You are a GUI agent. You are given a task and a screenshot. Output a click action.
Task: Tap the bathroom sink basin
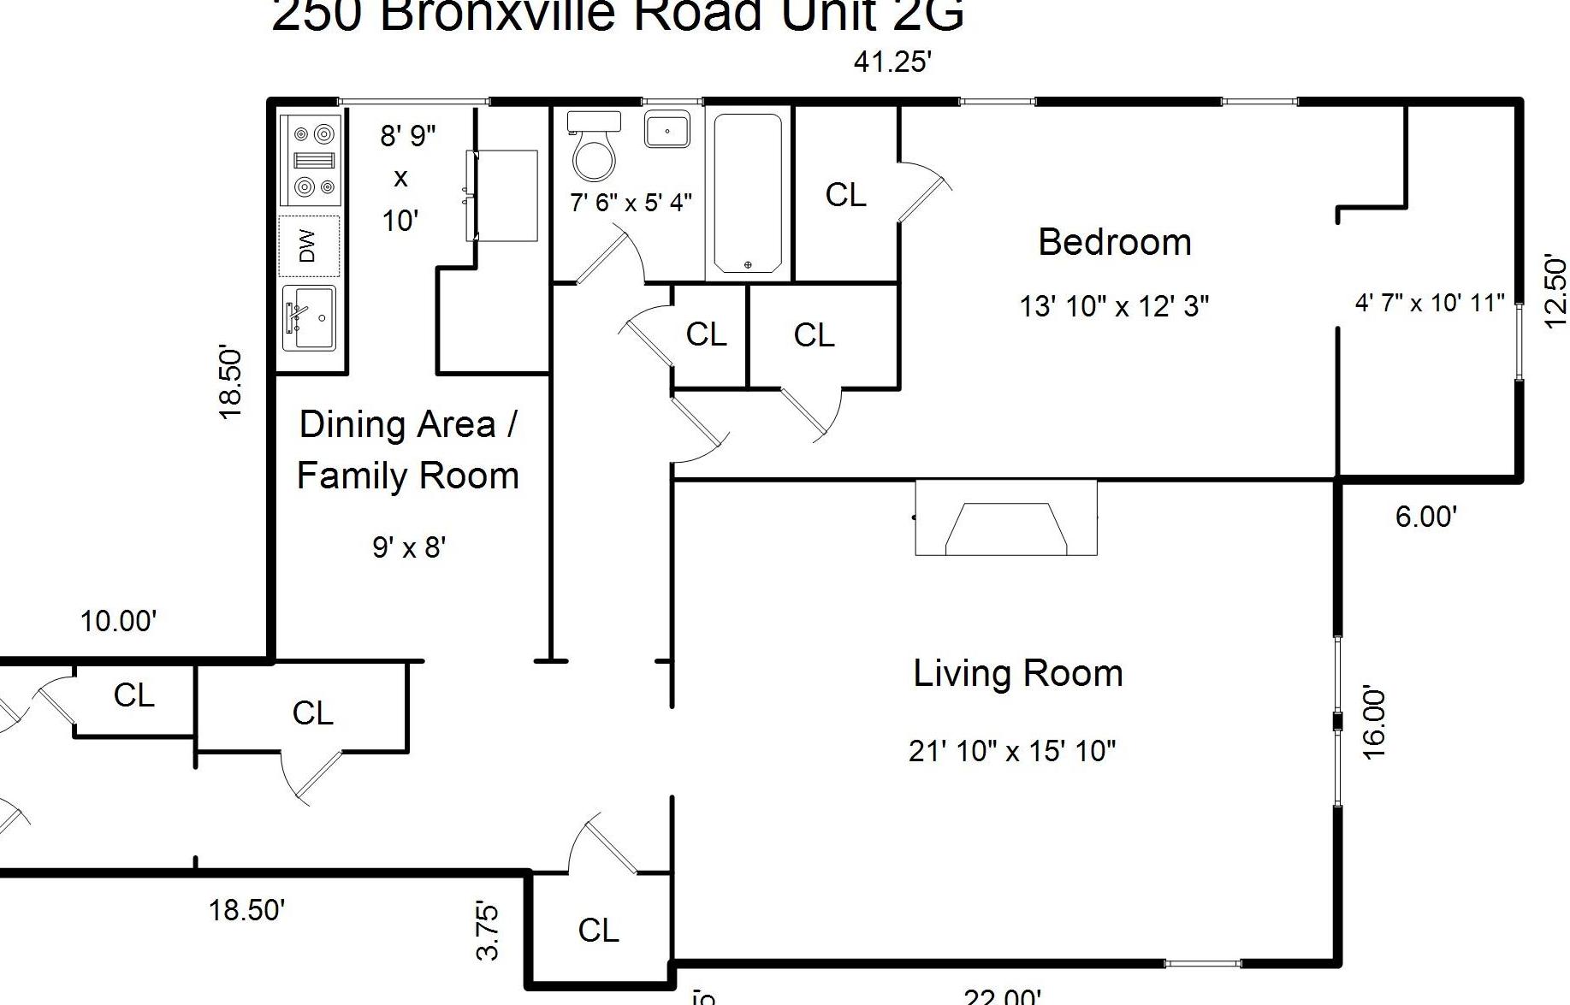[x=667, y=131]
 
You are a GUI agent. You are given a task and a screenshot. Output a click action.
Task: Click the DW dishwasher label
[x=308, y=245]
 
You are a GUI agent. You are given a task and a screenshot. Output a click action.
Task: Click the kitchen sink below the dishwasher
[x=310, y=317]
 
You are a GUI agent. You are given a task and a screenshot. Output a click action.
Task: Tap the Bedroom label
[x=1114, y=242]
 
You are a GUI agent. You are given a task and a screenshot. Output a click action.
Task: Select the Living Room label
[x=1017, y=673]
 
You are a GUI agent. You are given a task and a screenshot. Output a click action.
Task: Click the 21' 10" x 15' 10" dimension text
[x=1012, y=751]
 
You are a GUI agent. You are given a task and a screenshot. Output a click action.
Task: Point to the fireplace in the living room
[x=1006, y=518]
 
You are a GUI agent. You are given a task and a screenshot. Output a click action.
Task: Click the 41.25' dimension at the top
[x=892, y=62]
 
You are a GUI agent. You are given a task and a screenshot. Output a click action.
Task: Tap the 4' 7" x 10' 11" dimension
[x=1429, y=303]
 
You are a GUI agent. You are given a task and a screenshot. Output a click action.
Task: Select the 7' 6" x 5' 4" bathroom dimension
[x=631, y=203]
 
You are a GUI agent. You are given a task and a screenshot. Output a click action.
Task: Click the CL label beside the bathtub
[x=845, y=195]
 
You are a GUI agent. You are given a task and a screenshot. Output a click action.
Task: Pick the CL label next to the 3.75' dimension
[x=598, y=930]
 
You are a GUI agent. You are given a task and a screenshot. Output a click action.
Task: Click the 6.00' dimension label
[x=1425, y=517]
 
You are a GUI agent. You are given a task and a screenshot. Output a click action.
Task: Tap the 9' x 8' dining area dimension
[x=409, y=546]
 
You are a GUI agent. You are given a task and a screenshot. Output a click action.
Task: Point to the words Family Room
[x=407, y=476]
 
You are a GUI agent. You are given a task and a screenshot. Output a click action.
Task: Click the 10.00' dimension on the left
[x=118, y=621]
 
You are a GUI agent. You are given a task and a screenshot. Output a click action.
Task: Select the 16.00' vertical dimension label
[x=1372, y=722]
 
